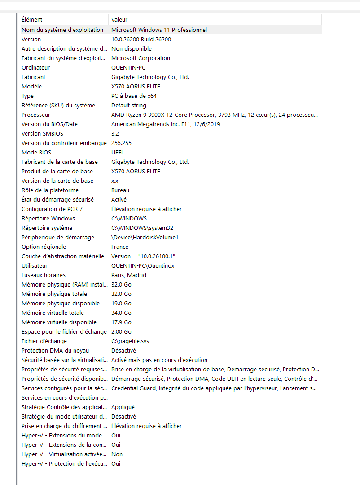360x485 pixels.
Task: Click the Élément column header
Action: (32, 19)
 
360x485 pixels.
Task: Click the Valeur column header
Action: (119, 19)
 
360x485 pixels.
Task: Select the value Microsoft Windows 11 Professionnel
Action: (159, 30)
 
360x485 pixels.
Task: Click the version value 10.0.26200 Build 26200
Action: (141, 39)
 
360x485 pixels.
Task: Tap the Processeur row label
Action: (35, 115)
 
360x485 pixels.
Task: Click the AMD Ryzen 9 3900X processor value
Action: (215, 115)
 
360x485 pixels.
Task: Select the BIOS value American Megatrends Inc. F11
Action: (165, 124)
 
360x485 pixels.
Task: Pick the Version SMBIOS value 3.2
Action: (115, 133)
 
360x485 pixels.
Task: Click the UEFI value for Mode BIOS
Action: (117, 152)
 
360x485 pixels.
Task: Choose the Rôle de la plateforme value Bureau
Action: (120, 190)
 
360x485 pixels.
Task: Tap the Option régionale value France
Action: (120, 247)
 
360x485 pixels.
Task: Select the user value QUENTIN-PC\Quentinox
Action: (143, 265)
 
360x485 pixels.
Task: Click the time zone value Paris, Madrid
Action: (129, 275)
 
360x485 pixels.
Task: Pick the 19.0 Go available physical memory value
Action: (121, 303)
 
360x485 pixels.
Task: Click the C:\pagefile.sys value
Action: (130, 341)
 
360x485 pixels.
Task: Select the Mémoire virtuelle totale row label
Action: (53, 313)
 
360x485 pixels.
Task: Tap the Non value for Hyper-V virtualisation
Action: (117, 454)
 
